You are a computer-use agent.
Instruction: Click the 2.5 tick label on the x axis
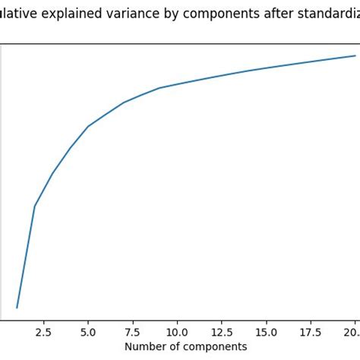click(x=43, y=332)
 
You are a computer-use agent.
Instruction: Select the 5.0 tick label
click(x=88, y=332)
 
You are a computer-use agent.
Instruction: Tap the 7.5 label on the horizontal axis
click(x=132, y=332)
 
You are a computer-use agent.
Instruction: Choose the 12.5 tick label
click(x=221, y=332)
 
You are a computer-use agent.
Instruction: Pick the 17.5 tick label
click(x=310, y=332)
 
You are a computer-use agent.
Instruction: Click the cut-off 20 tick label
click(x=352, y=332)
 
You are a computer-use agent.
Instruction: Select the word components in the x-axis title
click(x=215, y=347)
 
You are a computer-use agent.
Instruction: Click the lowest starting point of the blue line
click(x=17, y=308)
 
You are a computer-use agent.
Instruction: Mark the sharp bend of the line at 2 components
click(x=35, y=206)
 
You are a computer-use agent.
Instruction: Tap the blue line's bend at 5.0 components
click(x=88, y=126)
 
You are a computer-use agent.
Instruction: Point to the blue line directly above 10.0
click(x=177, y=84)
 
